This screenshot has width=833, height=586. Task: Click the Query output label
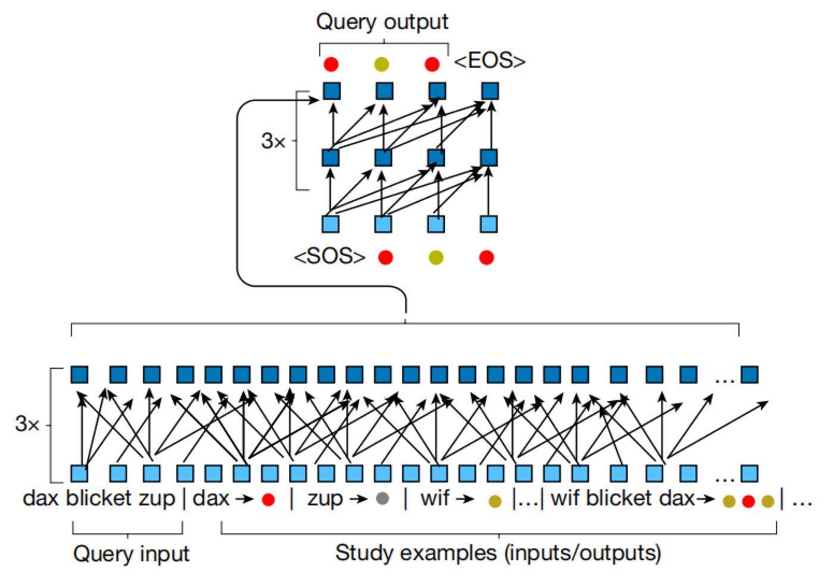pyautogui.click(x=382, y=22)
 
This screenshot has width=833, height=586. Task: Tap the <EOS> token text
pyautogui.click(x=489, y=61)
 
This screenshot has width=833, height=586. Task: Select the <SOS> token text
pyautogui.click(x=329, y=257)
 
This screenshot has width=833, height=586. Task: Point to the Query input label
pyautogui.click(x=131, y=554)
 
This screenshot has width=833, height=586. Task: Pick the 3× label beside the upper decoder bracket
pyautogui.click(x=273, y=141)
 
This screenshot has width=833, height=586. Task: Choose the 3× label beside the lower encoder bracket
pyautogui.click(x=27, y=424)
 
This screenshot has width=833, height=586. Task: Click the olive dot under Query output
pyautogui.click(x=382, y=64)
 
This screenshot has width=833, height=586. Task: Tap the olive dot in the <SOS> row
pyautogui.click(x=436, y=257)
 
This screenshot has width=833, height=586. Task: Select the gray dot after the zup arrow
pyautogui.click(x=382, y=498)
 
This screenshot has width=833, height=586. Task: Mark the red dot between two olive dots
pyautogui.click(x=748, y=501)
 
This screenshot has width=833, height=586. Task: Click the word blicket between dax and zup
pyautogui.click(x=98, y=498)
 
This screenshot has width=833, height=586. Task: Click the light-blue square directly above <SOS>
pyautogui.click(x=330, y=224)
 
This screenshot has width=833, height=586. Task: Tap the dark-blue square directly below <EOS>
pyautogui.click(x=490, y=91)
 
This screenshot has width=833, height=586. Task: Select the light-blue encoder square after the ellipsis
pyautogui.click(x=749, y=473)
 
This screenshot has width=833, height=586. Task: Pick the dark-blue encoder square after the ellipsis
pyautogui.click(x=749, y=375)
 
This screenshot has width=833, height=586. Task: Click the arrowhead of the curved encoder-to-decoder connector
pyautogui.click(x=316, y=100)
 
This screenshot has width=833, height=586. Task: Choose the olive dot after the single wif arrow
pyautogui.click(x=495, y=501)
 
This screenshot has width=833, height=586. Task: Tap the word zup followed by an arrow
pyautogui.click(x=325, y=498)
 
